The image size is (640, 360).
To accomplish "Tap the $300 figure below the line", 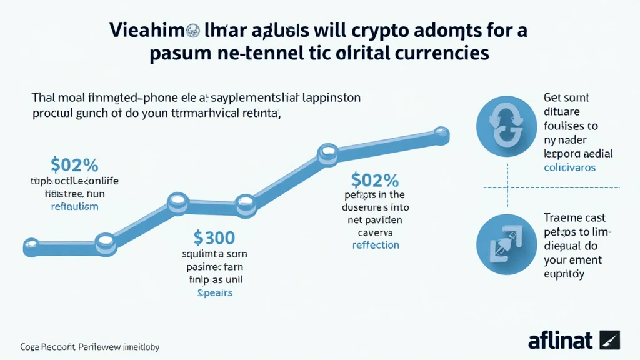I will pos(214,237).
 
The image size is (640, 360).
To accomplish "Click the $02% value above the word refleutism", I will pos(74,166).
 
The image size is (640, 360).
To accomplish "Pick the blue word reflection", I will pos(375,245).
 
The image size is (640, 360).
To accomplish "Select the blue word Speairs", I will pos(214,292).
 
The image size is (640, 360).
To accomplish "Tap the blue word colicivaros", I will pos(569,167).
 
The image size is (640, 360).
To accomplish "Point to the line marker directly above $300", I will pos(245,202).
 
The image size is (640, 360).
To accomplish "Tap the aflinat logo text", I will pos(561,340).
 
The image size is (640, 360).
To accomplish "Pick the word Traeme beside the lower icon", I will pos(562,217).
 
